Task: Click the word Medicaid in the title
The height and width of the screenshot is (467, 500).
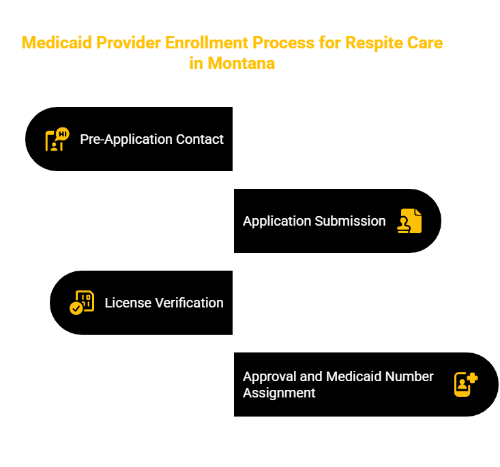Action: pos(57,43)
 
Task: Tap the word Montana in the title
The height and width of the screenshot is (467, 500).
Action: pos(241,63)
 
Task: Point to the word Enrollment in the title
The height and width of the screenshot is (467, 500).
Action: pos(207,43)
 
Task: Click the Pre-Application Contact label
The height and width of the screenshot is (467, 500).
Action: pos(152,139)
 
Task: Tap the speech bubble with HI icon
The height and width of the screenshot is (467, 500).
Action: pos(63,134)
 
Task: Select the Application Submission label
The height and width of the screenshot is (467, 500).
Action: pos(314,221)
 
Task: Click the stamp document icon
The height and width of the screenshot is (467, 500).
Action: pos(409,221)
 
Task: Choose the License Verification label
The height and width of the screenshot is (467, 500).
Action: pos(164,303)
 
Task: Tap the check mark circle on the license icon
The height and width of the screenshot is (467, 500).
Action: pos(76,309)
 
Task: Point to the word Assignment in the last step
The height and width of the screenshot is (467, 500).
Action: pos(279,393)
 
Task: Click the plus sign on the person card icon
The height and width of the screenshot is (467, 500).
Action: pos(472,378)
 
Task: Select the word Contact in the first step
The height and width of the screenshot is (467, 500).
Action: pos(200,139)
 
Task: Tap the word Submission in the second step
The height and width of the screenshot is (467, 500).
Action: pos(351,221)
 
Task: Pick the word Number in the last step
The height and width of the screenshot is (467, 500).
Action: pos(409,376)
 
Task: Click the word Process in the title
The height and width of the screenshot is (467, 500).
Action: pos(284,43)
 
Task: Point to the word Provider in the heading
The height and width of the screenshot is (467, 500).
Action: pos(128,43)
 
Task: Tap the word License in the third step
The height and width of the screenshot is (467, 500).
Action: pos(128,303)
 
